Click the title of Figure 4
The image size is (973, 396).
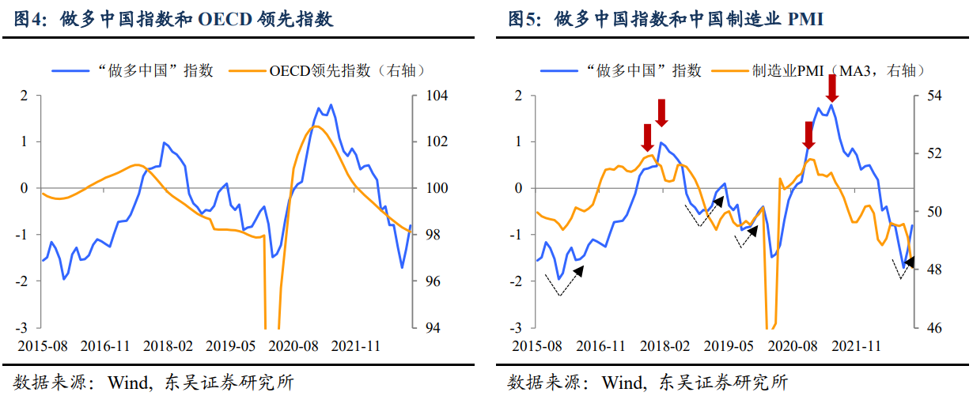174,19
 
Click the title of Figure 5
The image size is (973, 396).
665,19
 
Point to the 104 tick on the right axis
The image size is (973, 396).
438,96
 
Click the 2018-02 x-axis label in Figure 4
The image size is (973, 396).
166,346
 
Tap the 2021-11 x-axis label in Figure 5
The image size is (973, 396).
858,346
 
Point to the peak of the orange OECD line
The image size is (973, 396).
316,126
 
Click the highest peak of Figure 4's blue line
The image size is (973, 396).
330,104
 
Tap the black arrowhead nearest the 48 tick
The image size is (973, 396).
909,262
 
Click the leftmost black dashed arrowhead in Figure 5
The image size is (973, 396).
579,270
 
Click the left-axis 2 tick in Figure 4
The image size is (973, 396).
25,96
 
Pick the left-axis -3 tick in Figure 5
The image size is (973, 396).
517,327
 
